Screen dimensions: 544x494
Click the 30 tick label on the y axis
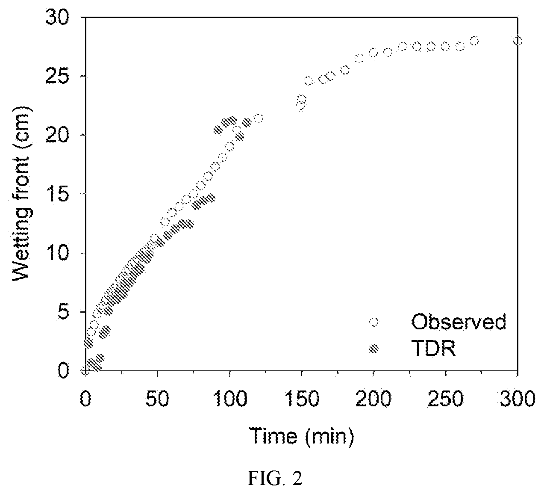58,18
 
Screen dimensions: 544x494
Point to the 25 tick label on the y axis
58,76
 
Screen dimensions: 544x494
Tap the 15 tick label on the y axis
58,194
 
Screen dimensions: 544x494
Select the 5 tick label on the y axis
64,312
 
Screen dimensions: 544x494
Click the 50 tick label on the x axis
157,399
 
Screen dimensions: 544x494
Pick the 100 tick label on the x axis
230,399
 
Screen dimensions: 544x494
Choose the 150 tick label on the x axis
302,399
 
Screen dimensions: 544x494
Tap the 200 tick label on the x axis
373,399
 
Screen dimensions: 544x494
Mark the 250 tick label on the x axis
446,399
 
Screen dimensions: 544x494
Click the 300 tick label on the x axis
518,399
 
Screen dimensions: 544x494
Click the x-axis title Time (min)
302,436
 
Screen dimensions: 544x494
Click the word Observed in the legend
459,322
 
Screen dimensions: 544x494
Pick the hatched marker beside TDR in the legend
374,349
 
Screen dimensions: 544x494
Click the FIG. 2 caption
275,479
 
